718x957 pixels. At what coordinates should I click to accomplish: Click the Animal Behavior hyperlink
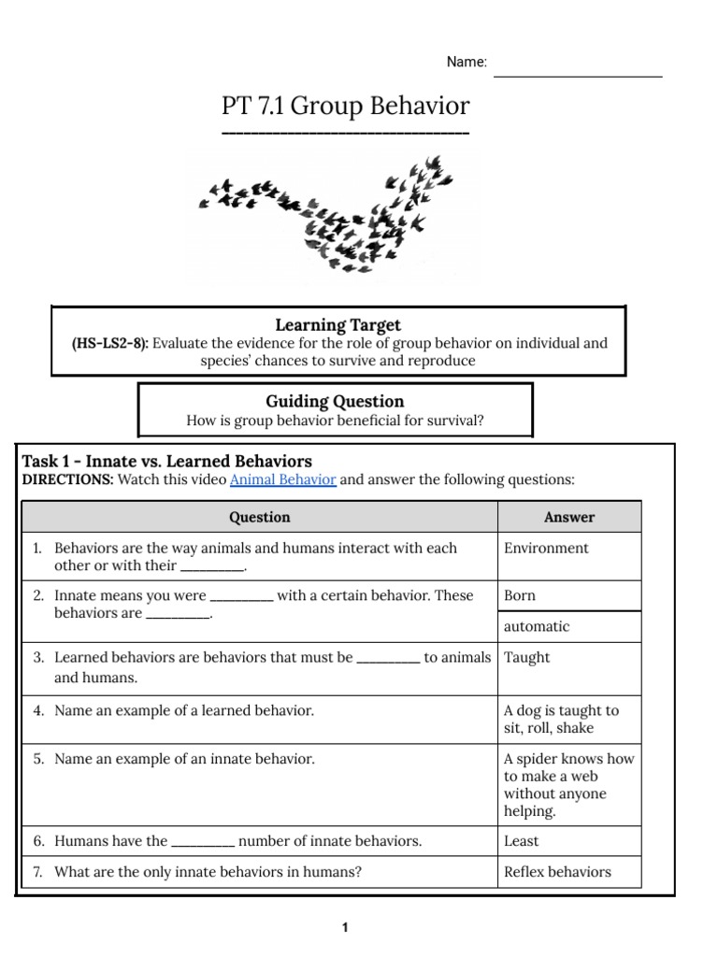282,479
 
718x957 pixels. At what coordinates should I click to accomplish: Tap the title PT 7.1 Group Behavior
345,106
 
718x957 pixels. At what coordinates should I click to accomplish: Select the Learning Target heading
337,324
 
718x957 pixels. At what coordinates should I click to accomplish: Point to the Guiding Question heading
335,401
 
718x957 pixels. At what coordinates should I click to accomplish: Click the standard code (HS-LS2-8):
110,343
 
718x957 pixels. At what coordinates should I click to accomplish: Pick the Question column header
260,517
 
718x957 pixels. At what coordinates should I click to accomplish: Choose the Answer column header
568,517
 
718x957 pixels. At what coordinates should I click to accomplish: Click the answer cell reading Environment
546,548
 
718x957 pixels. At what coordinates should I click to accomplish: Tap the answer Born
520,595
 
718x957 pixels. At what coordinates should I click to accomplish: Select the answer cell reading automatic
536,626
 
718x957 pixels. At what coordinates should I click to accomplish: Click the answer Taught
526,657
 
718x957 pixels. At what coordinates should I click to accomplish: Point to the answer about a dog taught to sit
561,719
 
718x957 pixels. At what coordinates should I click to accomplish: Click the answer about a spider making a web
567,785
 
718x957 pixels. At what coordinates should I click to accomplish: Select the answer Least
521,840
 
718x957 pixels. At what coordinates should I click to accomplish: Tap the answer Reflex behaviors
556,872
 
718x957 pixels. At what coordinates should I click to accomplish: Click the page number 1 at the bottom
344,927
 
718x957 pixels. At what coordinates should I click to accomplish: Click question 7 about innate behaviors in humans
208,872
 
